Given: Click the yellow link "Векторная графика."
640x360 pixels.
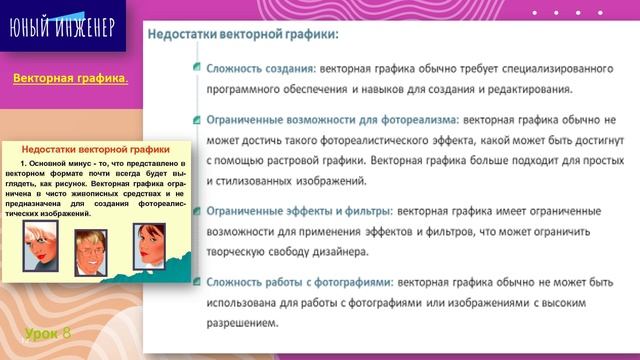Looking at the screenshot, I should [x=70, y=79].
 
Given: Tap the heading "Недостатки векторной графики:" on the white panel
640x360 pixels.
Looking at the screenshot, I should [x=243, y=32].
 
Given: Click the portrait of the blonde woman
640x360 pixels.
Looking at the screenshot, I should [x=44, y=234].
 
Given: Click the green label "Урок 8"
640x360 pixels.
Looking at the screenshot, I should [x=48, y=332].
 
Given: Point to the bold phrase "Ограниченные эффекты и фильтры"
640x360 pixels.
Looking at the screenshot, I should [x=299, y=211].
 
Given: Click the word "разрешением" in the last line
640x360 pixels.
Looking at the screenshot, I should [x=241, y=324].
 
